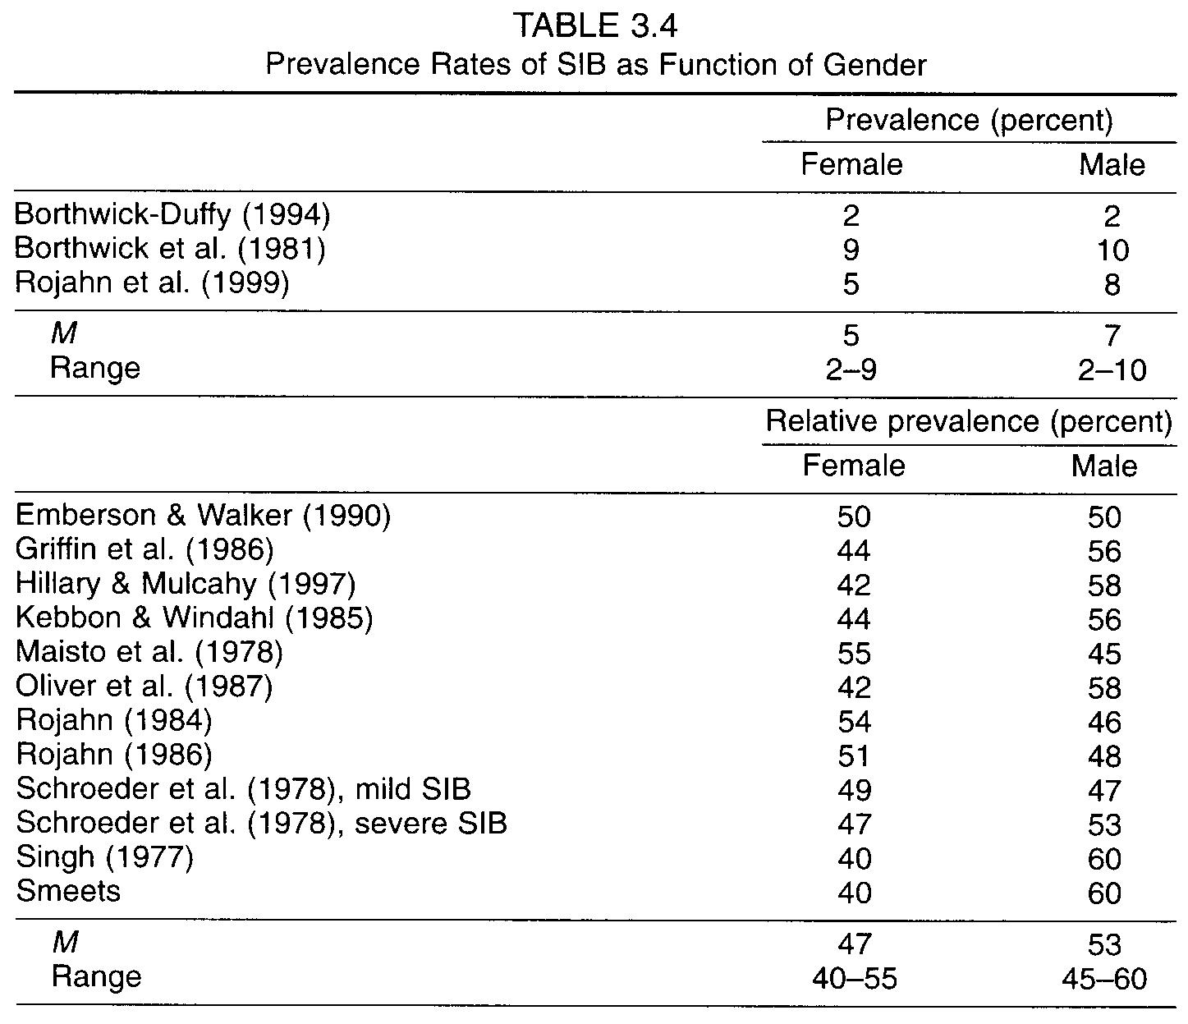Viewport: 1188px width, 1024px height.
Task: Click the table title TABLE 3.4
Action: (x=595, y=26)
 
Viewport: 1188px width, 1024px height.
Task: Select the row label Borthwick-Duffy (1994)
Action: (x=172, y=215)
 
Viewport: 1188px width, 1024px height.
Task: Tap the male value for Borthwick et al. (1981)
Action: (x=1112, y=250)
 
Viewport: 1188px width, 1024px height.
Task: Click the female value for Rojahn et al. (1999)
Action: (x=851, y=285)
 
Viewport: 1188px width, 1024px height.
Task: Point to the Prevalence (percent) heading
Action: (x=969, y=121)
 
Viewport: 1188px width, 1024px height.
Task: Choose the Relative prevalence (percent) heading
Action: (x=969, y=422)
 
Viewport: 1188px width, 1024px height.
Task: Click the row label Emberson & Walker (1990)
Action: (x=203, y=515)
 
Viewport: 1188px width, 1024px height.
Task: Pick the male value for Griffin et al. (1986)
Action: (x=1104, y=551)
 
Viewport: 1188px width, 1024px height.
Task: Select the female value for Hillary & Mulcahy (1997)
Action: (x=854, y=585)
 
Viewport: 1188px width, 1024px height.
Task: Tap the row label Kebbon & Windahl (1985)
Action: (x=195, y=618)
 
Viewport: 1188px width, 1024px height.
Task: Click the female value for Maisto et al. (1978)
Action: (x=854, y=654)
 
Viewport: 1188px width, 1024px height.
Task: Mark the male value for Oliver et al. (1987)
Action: (x=1104, y=688)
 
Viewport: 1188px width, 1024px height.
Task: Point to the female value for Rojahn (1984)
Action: (x=854, y=722)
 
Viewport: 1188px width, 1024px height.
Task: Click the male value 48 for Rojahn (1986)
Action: (x=1104, y=756)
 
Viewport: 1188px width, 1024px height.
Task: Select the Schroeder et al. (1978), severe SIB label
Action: (x=261, y=823)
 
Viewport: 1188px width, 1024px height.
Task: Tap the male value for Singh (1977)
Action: (x=1104, y=859)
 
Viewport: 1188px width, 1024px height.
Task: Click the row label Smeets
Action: (x=68, y=891)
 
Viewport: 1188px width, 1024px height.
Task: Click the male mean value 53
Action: (x=1104, y=944)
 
